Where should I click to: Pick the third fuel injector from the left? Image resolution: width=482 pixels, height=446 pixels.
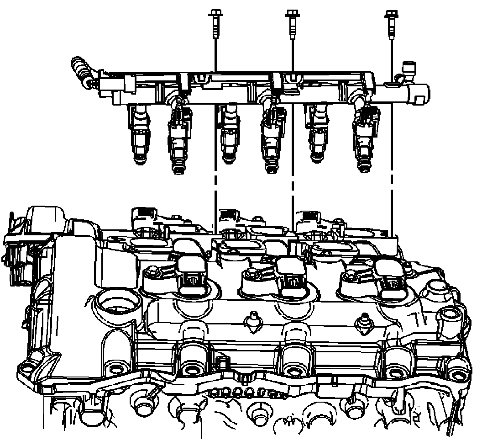point(228,133)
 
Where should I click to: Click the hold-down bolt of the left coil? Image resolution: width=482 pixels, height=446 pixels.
point(152,273)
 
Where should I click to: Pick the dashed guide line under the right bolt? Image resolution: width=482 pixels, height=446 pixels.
point(392,201)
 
